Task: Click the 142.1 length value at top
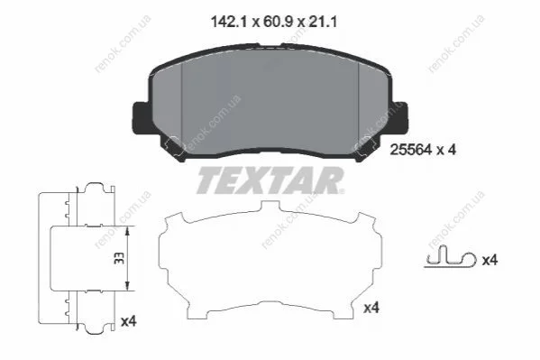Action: (229, 23)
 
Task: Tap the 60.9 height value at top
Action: (278, 23)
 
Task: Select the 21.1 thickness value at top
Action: (322, 23)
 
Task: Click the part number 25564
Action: (410, 150)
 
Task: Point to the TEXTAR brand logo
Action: (270, 180)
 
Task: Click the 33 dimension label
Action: (119, 258)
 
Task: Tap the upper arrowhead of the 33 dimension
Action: (127, 231)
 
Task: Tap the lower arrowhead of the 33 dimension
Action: (127, 285)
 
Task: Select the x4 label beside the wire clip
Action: (490, 260)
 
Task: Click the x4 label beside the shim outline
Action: (371, 308)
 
